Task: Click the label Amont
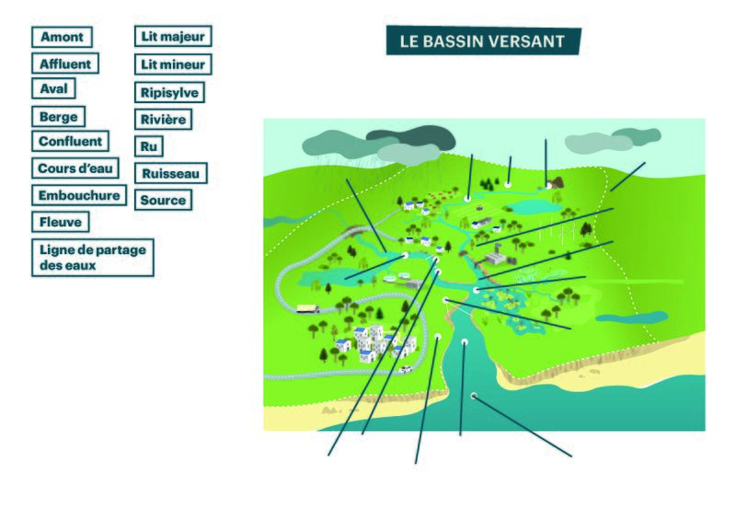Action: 62,37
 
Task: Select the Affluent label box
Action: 64,64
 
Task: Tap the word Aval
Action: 53,89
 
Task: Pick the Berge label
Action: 59,117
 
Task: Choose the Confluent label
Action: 69,142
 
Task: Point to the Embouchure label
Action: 79,195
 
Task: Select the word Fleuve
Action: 61,222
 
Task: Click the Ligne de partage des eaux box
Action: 92,257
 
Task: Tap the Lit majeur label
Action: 173,37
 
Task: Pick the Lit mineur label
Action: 173,64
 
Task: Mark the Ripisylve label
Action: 169,92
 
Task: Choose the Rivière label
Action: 164,119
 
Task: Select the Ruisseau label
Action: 171,172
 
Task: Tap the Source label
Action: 164,199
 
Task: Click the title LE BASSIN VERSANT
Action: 483,41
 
